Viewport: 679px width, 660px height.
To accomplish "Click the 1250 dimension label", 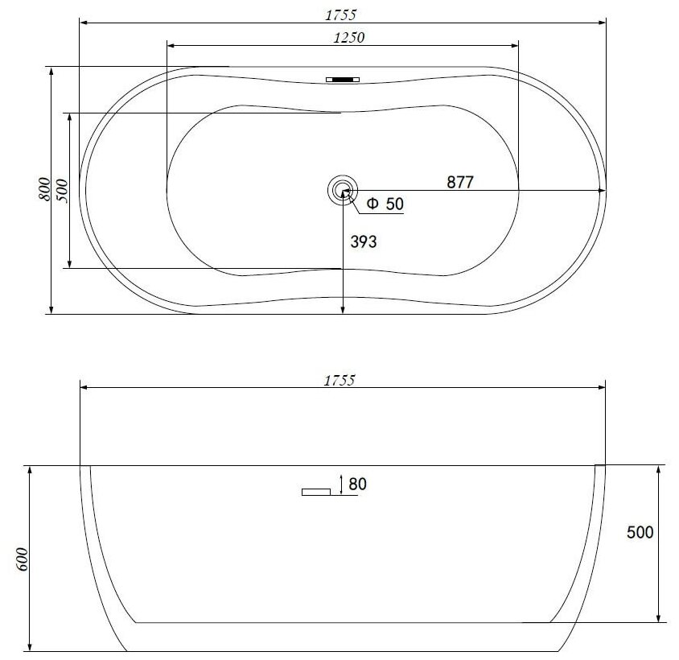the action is (x=349, y=38).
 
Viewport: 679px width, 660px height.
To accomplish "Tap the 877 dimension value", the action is (x=460, y=182).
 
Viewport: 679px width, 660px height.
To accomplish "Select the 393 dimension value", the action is (x=364, y=241).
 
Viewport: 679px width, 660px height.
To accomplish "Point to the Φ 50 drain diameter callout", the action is (x=385, y=204).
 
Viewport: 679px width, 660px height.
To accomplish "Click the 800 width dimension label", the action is (x=44, y=189).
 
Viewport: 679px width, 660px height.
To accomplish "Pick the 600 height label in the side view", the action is (x=23, y=559).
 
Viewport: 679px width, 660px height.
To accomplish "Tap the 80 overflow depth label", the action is (x=357, y=484).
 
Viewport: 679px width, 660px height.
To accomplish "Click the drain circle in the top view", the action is (x=343, y=190).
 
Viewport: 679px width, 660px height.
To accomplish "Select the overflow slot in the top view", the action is (x=343, y=80).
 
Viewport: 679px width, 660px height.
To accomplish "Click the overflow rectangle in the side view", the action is (x=316, y=492).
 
